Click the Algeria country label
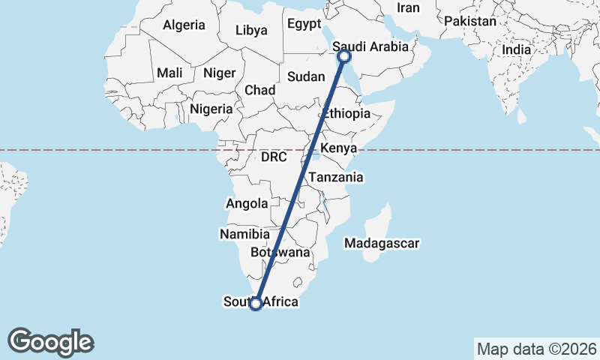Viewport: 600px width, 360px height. (x=184, y=25)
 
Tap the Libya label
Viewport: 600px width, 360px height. (x=250, y=31)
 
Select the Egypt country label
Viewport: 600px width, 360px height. (x=304, y=24)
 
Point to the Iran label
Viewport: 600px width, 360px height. (x=408, y=7)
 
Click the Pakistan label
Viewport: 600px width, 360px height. (x=470, y=21)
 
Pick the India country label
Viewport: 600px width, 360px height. (x=516, y=49)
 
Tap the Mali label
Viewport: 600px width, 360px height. (x=169, y=73)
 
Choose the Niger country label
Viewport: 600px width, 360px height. (x=219, y=73)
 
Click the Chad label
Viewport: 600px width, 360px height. (x=259, y=90)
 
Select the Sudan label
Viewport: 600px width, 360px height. (x=306, y=76)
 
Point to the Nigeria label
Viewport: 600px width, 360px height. (x=211, y=109)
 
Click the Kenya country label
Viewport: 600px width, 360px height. (x=338, y=148)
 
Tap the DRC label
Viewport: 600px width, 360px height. (x=274, y=157)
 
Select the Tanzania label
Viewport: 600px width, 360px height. (x=336, y=178)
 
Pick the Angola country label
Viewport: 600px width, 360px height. (x=247, y=203)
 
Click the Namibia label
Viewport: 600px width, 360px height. (x=244, y=234)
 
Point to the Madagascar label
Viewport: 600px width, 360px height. (x=382, y=243)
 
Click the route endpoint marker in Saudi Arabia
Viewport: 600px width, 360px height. (x=344, y=56)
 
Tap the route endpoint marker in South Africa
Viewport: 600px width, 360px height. (x=256, y=303)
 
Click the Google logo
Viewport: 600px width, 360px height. (x=51, y=341)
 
